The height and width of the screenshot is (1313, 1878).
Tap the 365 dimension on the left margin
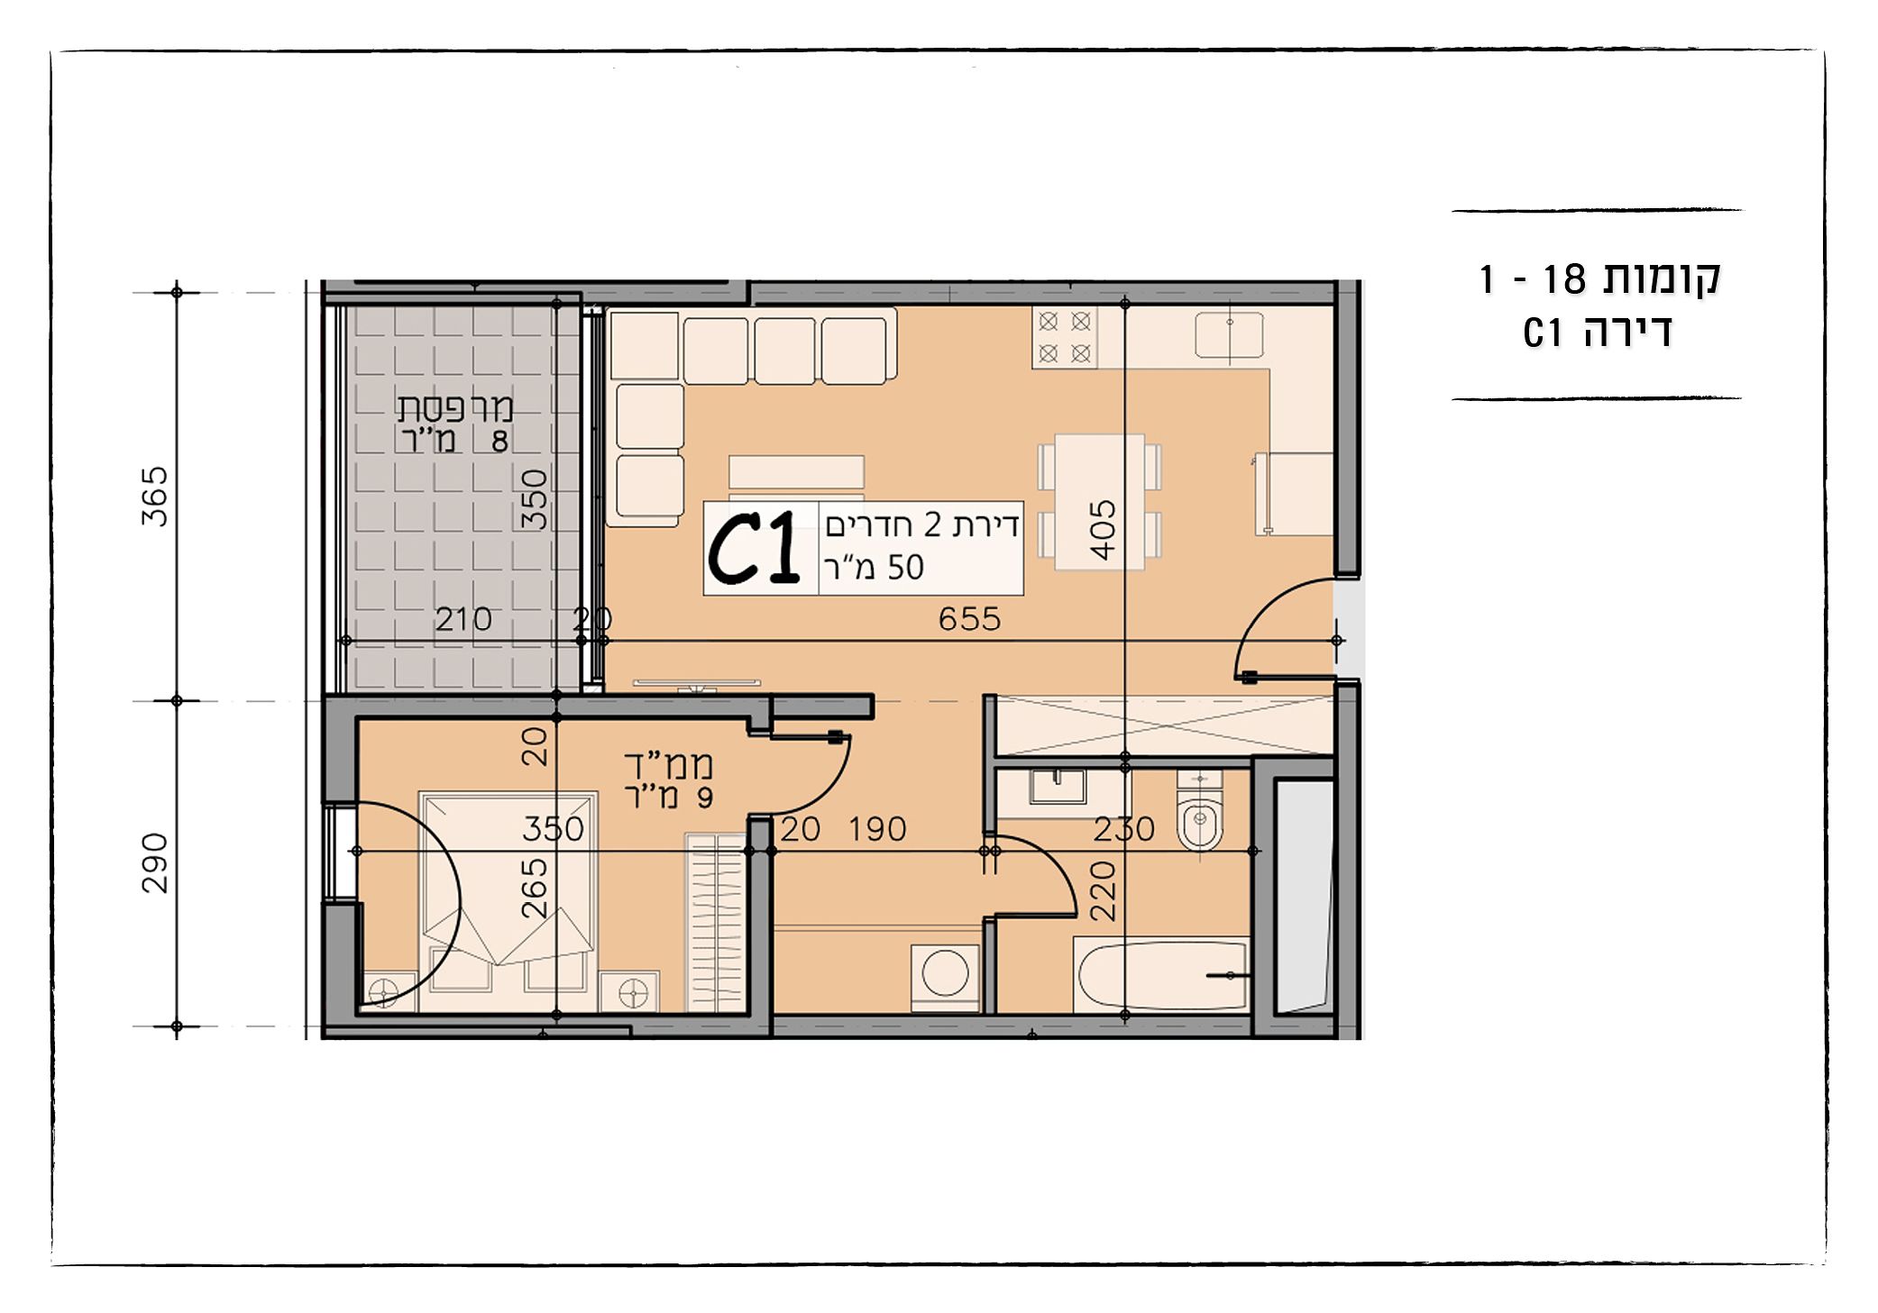click(154, 496)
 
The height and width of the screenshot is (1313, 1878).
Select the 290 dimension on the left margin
click(154, 862)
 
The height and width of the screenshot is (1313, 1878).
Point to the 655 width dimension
click(969, 619)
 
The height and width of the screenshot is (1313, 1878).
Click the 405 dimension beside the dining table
click(1103, 530)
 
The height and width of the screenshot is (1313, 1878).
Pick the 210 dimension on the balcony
click(463, 619)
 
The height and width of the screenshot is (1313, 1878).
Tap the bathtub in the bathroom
click(1161, 975)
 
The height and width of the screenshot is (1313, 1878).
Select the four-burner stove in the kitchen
click(1064, 337)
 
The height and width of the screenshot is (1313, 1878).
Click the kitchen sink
click(1229, 335)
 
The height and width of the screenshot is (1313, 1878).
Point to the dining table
click(1100, 502)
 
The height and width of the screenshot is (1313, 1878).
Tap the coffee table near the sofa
click(796, 471)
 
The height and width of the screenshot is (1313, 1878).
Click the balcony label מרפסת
click(455, 408)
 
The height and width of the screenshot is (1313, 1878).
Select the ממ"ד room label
click(669, 765)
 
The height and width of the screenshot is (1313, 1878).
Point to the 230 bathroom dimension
click(1124, 829)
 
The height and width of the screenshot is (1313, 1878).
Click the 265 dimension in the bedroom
click(535, 888)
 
